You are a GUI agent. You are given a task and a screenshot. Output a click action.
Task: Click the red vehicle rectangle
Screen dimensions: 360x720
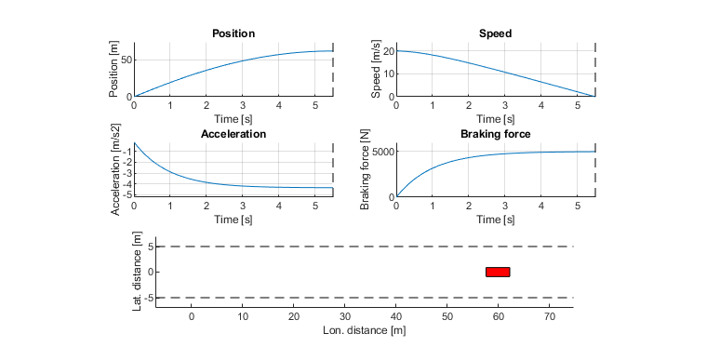[498, 272]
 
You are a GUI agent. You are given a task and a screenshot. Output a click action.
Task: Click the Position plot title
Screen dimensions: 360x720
[233, 33]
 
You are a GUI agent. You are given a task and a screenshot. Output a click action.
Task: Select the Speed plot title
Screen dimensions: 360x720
[495, 33]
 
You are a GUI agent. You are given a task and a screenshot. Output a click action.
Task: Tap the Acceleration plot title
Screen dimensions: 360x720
[233, 134]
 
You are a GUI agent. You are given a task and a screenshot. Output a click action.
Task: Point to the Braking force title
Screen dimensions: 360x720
[495, 134]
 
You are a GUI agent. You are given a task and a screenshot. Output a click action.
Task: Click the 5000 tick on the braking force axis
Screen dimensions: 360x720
[378, 152]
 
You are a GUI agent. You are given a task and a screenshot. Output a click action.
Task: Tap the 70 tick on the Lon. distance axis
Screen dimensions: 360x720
[550, 317]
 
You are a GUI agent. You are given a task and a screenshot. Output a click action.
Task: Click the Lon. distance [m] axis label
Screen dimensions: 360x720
[365, 330]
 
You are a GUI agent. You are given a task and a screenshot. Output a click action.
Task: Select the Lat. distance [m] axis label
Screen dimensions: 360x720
[137, 273]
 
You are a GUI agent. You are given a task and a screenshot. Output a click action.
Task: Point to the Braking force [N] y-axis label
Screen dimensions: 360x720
[365, 169]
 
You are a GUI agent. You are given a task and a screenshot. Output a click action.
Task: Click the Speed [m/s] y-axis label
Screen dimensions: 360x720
[376, 70]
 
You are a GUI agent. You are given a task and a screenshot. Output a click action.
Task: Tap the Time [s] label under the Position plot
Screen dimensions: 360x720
[233, 118]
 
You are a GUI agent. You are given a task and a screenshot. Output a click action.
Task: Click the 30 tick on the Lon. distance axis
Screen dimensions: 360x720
[345, 317]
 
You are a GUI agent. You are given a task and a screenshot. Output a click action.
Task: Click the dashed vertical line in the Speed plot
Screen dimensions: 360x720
[594, 70]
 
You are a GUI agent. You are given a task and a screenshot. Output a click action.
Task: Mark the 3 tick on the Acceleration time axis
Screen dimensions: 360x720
[243, 206]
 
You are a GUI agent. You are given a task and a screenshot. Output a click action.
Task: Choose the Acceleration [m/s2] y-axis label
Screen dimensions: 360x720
[115, 169]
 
